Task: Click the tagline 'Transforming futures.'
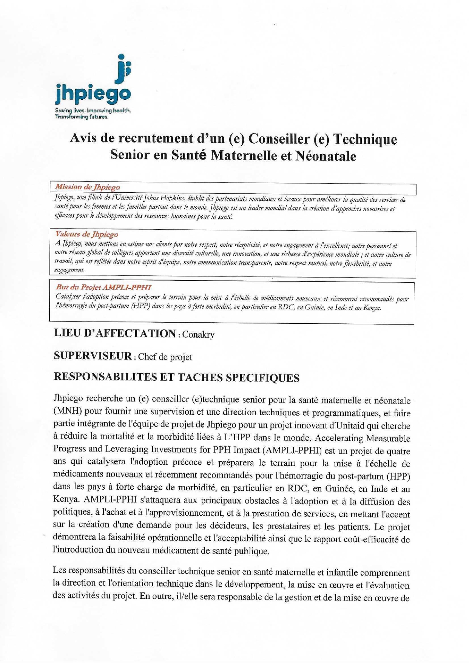tap(82, 117)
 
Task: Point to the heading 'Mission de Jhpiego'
tap(87, 187)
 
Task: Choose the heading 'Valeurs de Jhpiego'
tap(86, 234)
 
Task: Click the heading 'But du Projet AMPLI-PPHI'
tap(103, 287)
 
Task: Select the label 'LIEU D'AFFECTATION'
tap(115, 334)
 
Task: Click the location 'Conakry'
tap(198, 335)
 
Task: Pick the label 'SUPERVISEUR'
tap(93, 356)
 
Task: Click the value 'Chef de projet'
tap(165, 357)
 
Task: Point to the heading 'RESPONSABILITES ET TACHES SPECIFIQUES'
tap(176, 378)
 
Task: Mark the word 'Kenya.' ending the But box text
tap(372, 308)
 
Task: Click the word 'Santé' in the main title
tap(189, 155)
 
